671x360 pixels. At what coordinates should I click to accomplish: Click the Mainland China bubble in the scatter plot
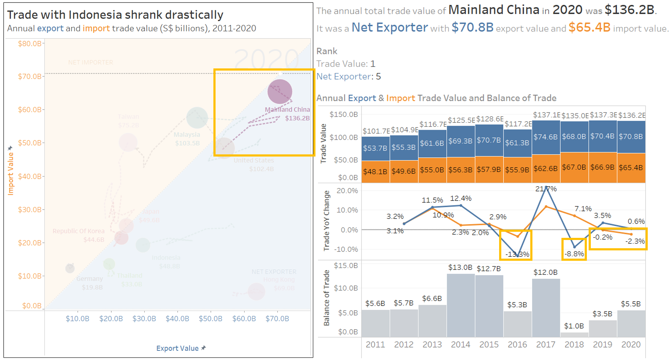coord(280,92)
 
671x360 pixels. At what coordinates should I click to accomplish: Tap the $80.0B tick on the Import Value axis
coord(30,44)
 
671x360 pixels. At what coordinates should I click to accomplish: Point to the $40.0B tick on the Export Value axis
coord(177,318)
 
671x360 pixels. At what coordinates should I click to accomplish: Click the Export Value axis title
coord(178,348)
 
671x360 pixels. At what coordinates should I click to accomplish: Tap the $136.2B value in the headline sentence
coord(629,10)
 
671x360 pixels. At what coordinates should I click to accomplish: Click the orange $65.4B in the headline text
coord(589,27)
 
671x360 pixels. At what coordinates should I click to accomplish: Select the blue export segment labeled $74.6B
coord(546,137)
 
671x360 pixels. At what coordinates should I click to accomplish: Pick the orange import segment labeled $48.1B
coord(375,171)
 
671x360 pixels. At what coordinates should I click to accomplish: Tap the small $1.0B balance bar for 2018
coord(574,335)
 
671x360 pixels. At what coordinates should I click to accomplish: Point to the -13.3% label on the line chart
coord(517,254)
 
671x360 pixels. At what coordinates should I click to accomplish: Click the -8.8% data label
coord(574,254)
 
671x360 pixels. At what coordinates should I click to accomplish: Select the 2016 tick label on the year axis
coord(517,345)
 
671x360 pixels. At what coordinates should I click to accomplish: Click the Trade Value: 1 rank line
coord(346,64)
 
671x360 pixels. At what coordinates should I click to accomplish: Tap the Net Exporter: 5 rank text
coord(348,76)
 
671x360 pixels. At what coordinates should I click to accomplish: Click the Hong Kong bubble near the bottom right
coord(256,292)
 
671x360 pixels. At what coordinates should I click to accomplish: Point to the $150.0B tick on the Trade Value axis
coord(343,114)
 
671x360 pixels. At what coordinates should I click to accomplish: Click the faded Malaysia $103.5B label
coord(187,139)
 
